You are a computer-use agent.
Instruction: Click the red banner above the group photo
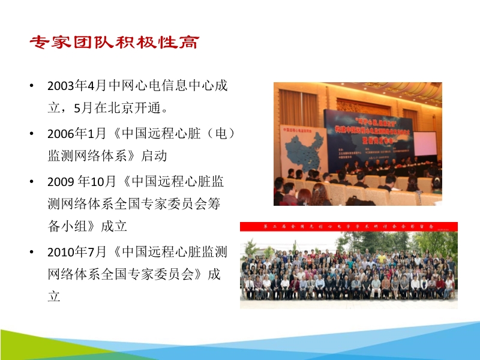pyautogui.click(x=349, y=226)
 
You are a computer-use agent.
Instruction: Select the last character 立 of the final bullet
pyautogui.click(x=54, y=296)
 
